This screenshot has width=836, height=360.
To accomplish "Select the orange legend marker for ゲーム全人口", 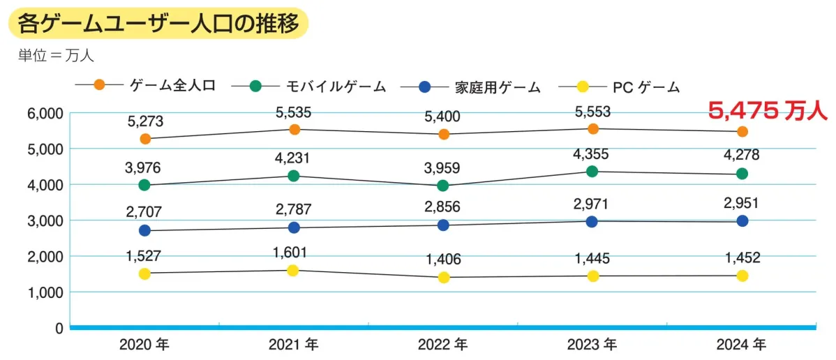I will tap(99, 85).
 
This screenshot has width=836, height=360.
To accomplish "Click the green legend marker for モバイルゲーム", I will tap(255, 86).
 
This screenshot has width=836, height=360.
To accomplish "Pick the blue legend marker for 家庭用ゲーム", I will tap(424, 87).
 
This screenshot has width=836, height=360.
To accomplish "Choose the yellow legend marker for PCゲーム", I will tap(583, 87).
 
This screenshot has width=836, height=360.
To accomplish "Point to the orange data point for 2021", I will tap(294, 129).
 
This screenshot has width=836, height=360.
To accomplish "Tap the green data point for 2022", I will tap(442, 186).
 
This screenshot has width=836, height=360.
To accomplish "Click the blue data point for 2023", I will tap(592, 222).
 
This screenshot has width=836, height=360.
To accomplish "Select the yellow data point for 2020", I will tap(144, 274).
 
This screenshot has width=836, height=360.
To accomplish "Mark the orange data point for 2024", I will tap(742, 131).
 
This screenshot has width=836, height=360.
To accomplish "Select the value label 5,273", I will tap(144, 121).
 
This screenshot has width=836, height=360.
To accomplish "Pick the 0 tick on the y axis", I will tap(59, 328).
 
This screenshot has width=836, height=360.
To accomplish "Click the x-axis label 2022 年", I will tap(442, 345).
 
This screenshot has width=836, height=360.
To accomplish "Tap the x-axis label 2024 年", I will tap(741, 345).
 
